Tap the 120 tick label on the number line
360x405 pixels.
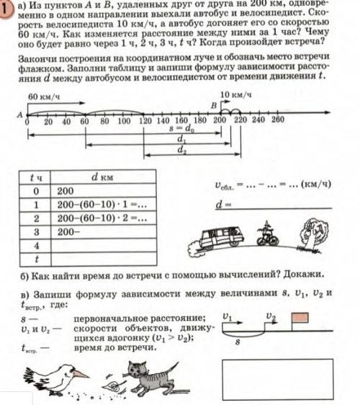coord(145,122)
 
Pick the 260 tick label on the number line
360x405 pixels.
coord(279,122)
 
